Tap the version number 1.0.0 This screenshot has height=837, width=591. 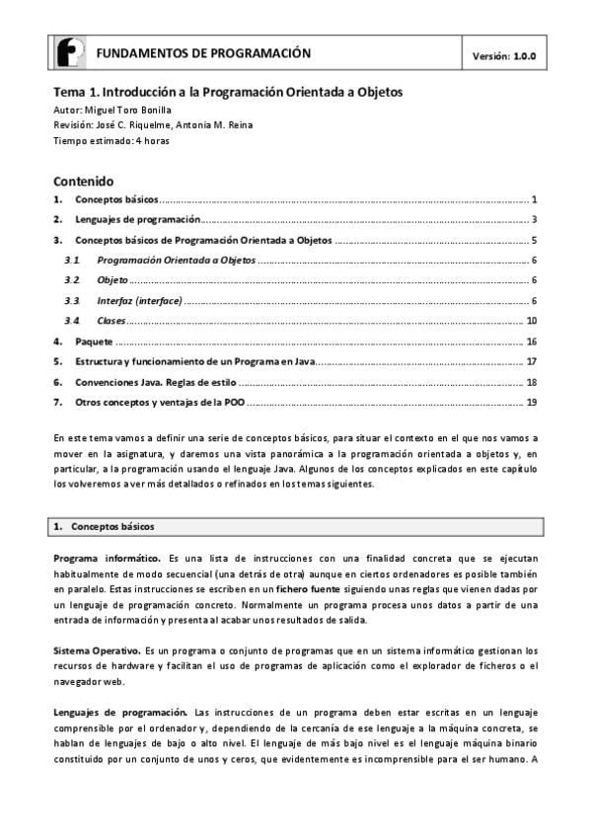(523, 56)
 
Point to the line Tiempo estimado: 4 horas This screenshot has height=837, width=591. (111, 141)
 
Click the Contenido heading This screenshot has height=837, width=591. (84, 182)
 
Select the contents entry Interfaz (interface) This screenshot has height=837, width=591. (140, 300)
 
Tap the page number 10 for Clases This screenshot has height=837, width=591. (531, 321)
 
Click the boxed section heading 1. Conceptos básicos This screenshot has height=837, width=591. (111, 526)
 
